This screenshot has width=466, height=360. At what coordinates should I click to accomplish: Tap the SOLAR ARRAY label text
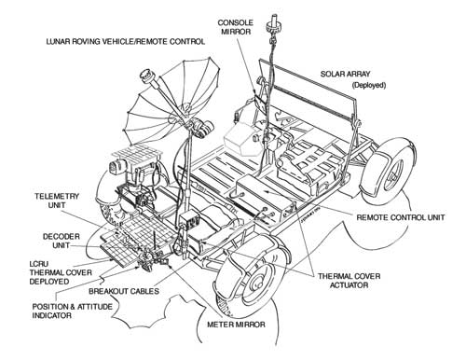click(x=348, y=73)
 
